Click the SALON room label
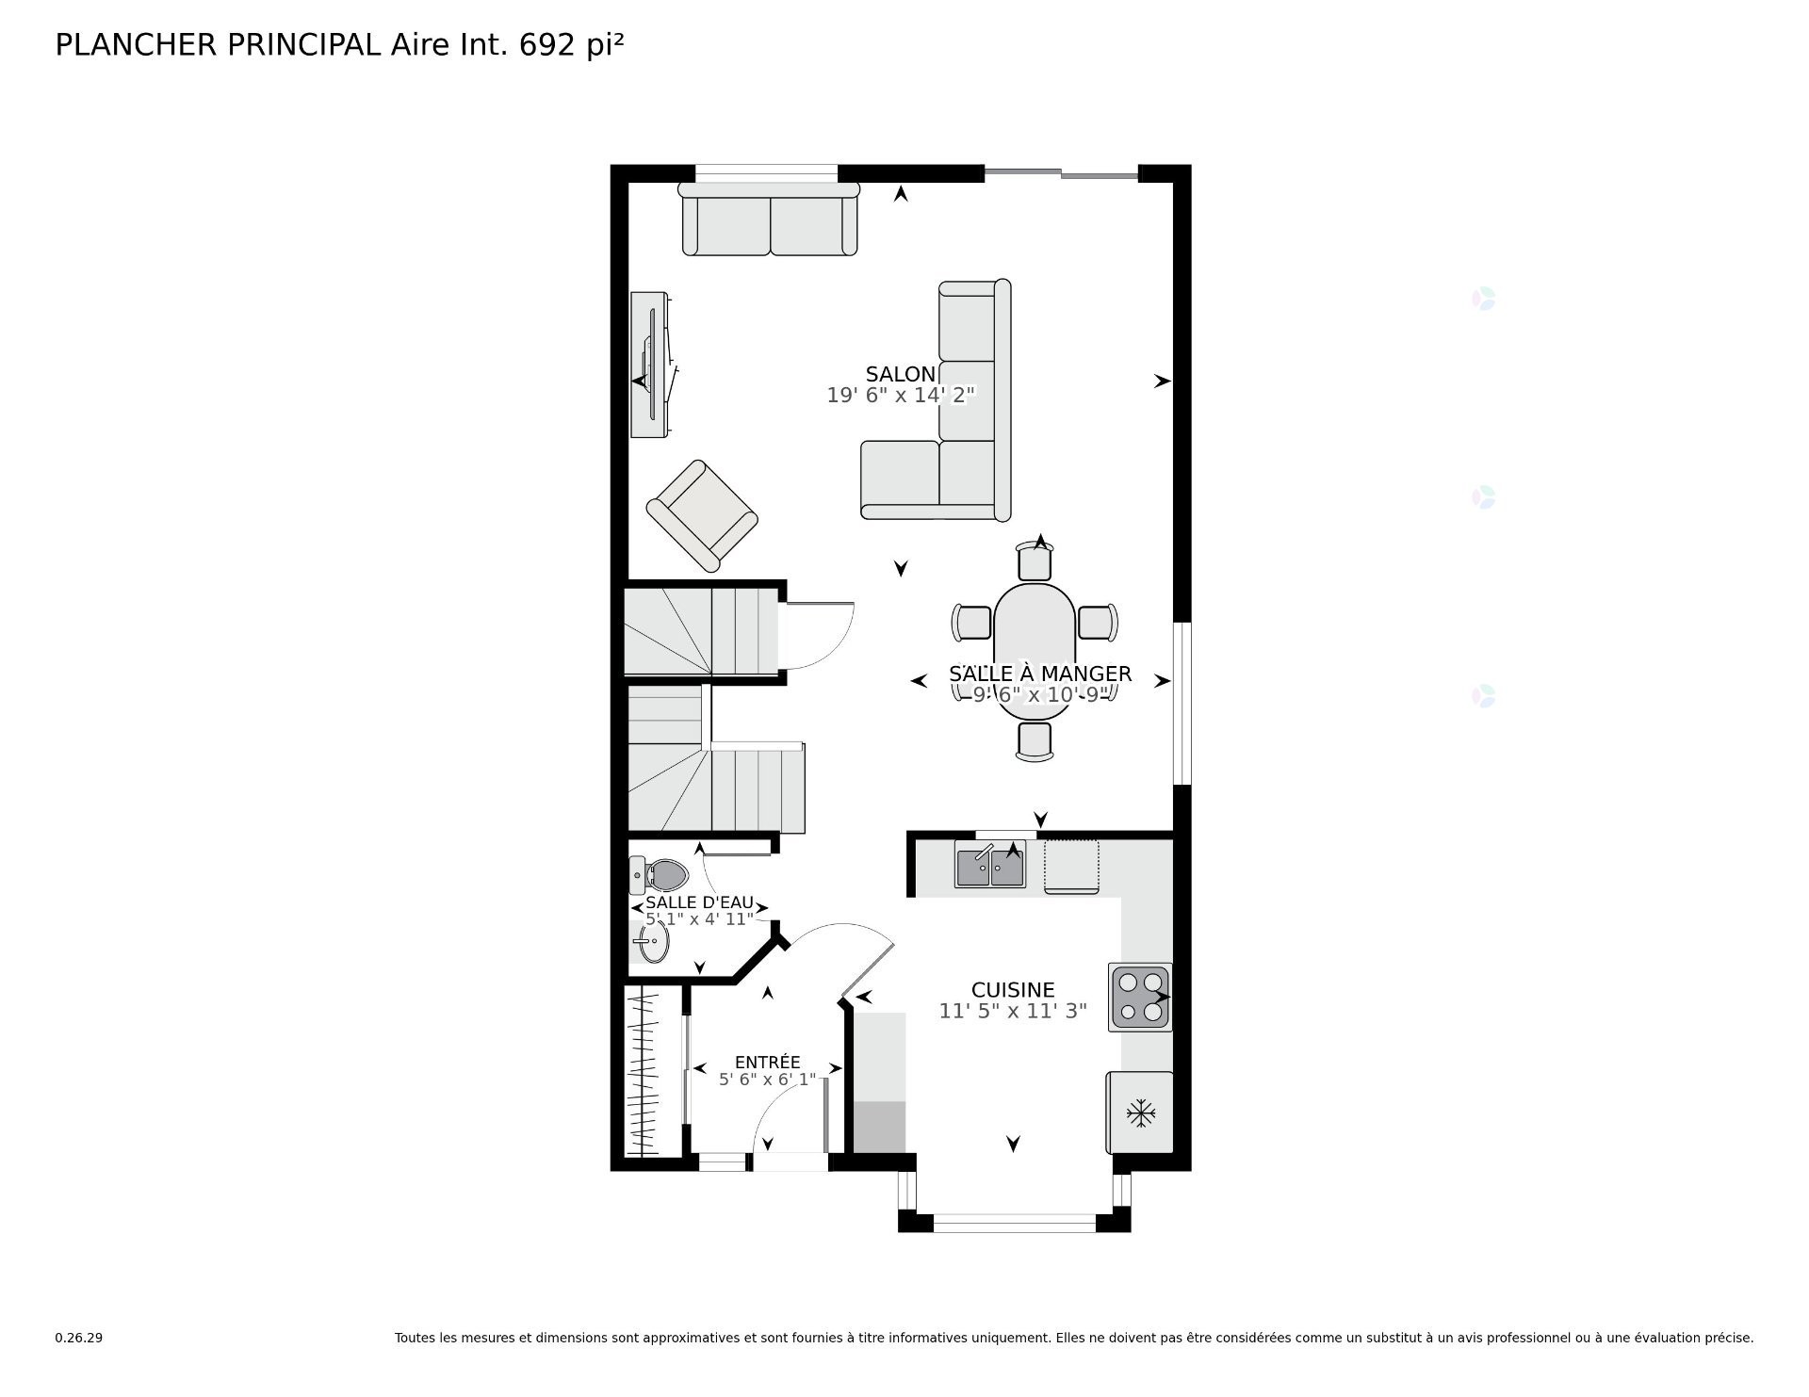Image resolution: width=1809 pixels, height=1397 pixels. (900, 374)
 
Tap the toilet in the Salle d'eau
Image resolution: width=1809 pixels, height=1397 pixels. (661, 875)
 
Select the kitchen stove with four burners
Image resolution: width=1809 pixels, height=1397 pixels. (1140, 998)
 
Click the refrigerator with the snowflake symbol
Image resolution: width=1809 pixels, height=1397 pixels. (1141, 1113)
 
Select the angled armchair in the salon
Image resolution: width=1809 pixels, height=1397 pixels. (702, 515)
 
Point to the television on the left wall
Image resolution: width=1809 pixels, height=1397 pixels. (651, 365)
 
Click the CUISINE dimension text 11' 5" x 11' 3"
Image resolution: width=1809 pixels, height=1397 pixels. (1013, 1012)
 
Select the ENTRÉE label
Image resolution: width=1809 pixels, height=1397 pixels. (767, 1063)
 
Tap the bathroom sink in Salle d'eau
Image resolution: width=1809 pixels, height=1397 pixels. (652, 940)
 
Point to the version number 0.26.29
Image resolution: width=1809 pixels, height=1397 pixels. (78, 1338)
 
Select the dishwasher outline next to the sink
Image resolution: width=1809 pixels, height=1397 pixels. (1071, 866)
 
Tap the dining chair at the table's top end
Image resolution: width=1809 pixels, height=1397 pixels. (1035, 562)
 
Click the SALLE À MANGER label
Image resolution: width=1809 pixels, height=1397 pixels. (1039, 674)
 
